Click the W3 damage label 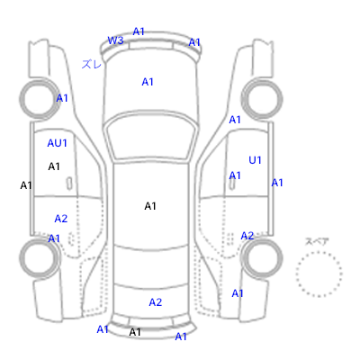tap(115, 40)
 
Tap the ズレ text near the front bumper tap(92, 64)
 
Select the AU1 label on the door tap(57, 143)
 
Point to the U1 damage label tap(255, 160)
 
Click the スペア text tap(317, 241)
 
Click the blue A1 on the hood tap(148, 82)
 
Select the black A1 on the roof tap(150, 206)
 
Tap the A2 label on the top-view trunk tap(156, 302)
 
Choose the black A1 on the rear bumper tap(135, 332)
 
